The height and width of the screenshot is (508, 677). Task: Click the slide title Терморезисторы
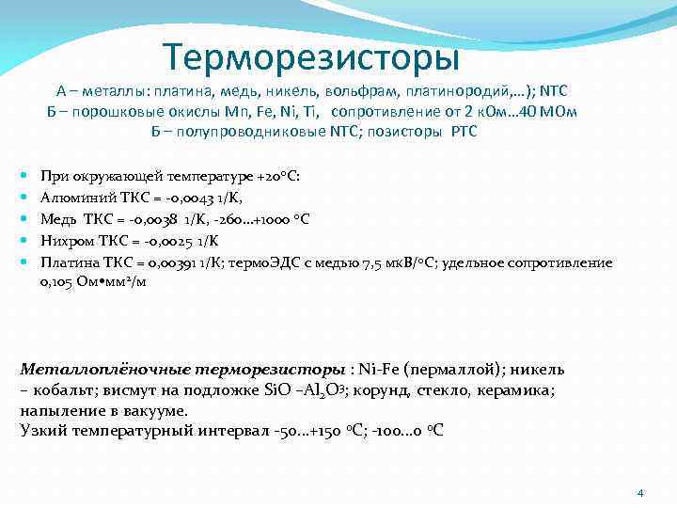pyautogui.click(x=311, y=57)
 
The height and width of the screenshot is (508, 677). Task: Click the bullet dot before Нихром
pyautogui.click(x=23, y=240)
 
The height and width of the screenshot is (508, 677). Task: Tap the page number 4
pyautogui.click(x=639, y=492)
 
